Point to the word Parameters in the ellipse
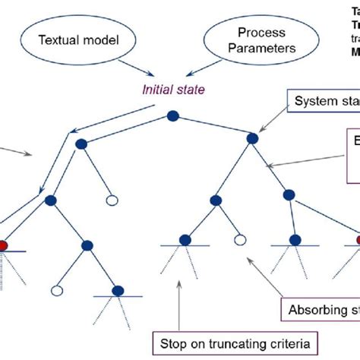261,47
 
